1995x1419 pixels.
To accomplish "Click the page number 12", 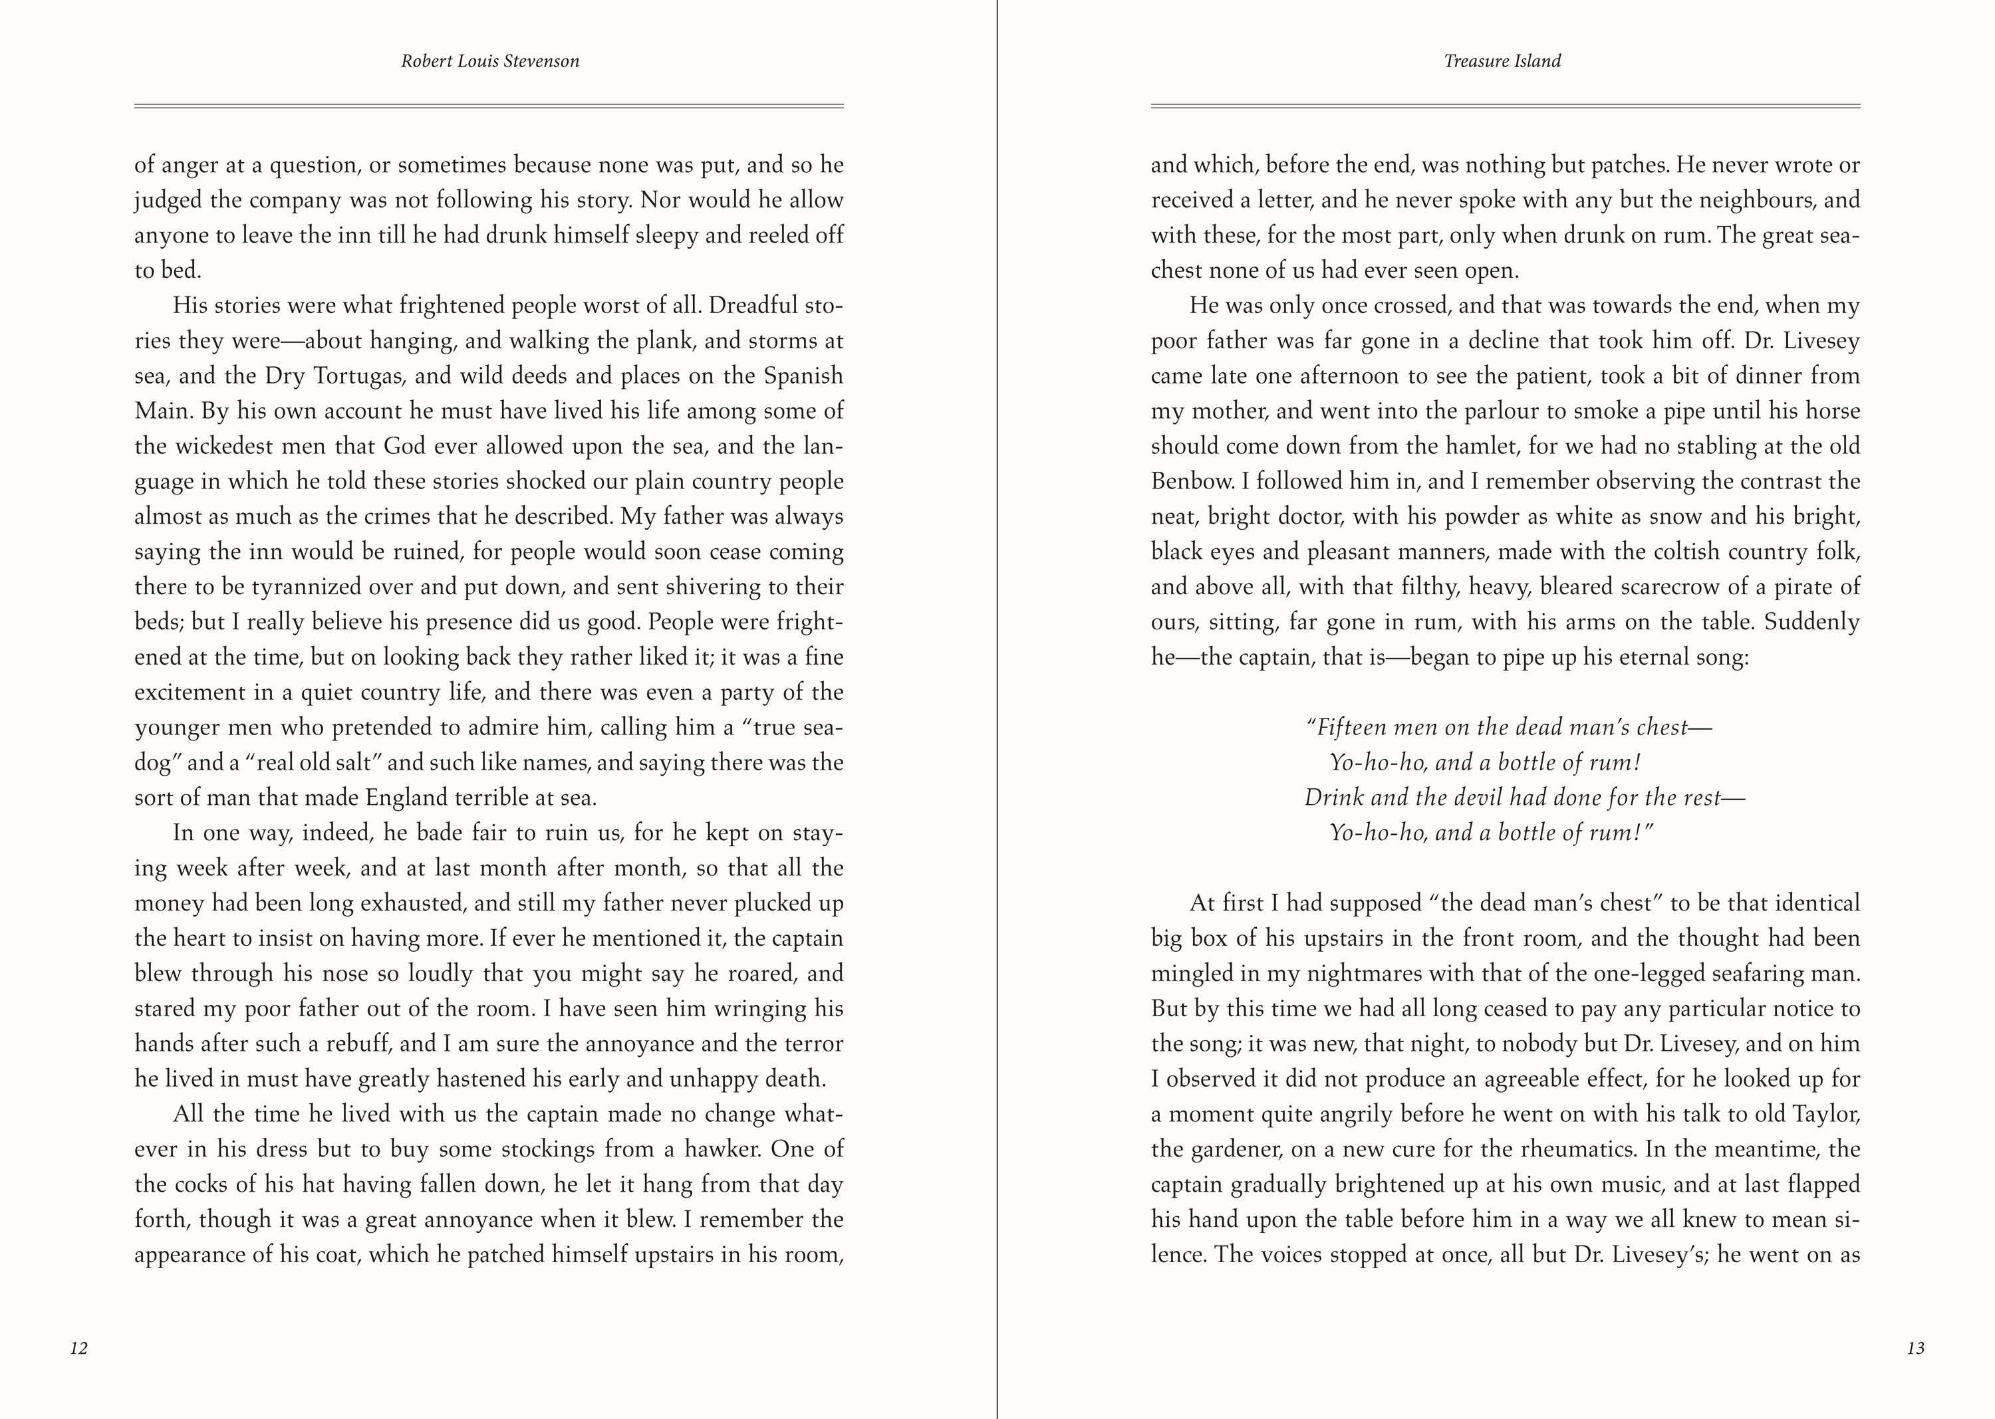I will (x=78, y=1349).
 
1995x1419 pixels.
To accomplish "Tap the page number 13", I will (x=1915, y=1349).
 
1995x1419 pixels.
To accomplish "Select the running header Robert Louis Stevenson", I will (x=489, y=61).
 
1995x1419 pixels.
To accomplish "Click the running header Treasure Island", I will (x=1502, y=61).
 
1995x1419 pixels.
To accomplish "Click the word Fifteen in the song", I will (x=1353, y=728).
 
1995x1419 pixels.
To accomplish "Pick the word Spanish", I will (x=803, y=376).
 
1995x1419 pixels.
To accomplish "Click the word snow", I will (x=1675, y=516).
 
